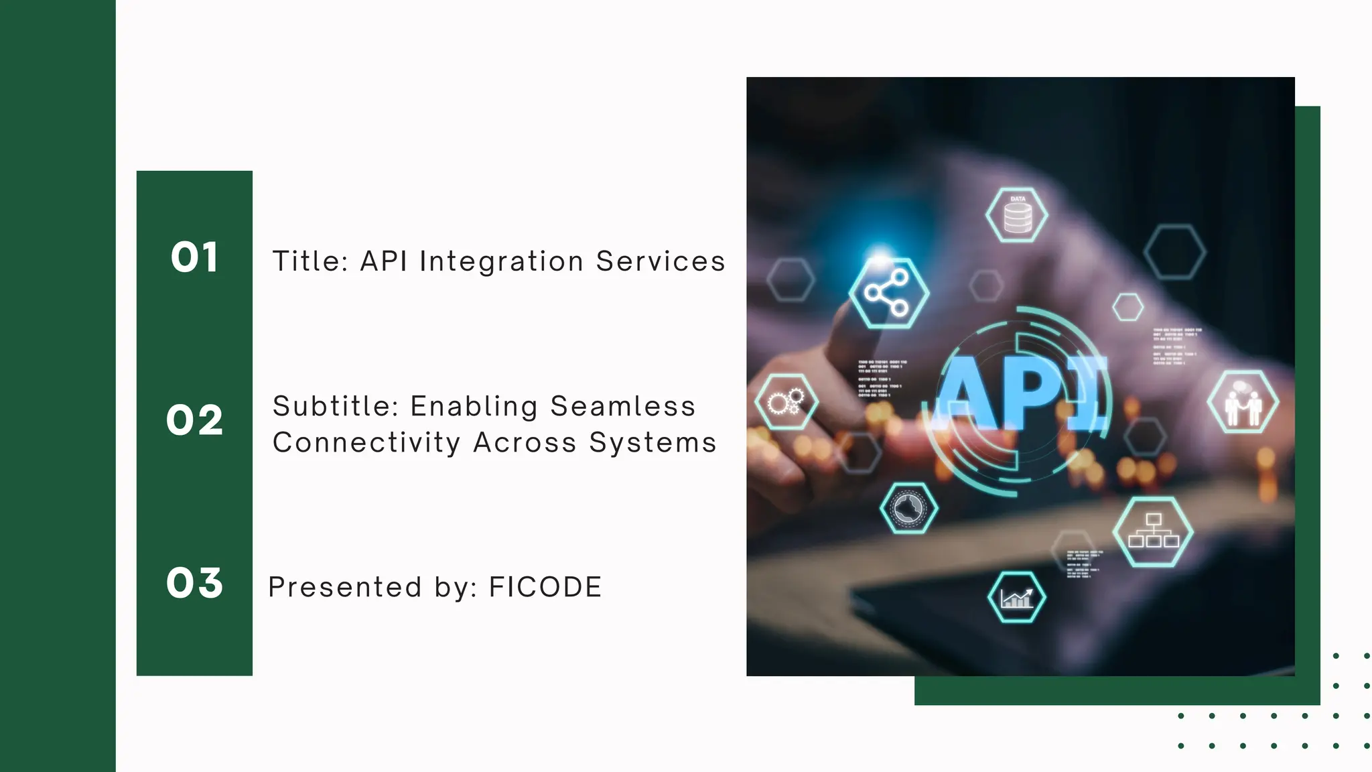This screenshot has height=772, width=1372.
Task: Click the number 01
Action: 194,257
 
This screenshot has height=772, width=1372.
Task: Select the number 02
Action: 194,420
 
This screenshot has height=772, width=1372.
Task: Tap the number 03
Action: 194,582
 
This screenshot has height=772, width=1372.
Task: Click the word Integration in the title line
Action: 501,261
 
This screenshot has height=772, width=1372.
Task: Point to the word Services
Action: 661,261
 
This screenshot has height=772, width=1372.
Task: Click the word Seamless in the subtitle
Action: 622,406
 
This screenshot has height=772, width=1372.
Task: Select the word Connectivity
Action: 366,443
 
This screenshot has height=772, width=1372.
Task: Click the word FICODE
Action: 545,587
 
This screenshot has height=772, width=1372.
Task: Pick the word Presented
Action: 345,587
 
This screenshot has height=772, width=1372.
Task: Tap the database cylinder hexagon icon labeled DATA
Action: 1017,215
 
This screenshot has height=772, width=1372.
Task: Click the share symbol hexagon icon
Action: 888,293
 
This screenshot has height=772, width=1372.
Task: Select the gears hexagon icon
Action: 786,402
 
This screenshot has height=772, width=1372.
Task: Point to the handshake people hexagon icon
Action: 1243,403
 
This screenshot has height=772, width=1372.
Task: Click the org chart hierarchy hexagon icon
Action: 1153,531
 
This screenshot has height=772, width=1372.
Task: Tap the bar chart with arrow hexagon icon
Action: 1017,596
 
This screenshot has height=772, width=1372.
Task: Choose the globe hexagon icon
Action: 908,508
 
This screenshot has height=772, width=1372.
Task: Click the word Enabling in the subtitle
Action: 474,406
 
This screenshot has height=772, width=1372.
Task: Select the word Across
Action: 525,443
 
